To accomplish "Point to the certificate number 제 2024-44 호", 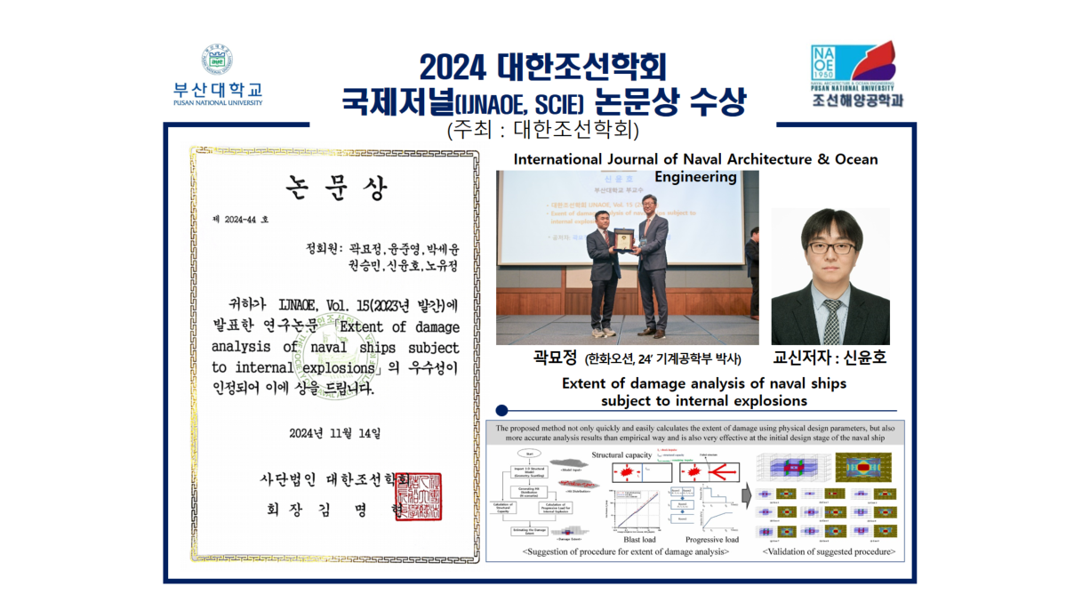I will (x=240, y=219).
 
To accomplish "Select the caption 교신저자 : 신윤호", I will (x=830, y=358).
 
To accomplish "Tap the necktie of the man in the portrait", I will (x=831, y=318).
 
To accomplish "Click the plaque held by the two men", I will (x=627, y=239).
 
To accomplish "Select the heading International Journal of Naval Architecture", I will (x=695, y=159).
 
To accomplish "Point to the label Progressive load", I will (x=711, y=539).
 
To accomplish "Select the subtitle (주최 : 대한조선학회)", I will (x=543, y=129).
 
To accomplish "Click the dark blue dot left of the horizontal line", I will (x=501, y=410).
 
